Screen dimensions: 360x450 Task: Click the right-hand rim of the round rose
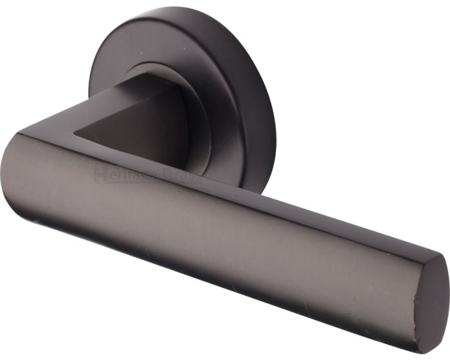coord(273,109)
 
